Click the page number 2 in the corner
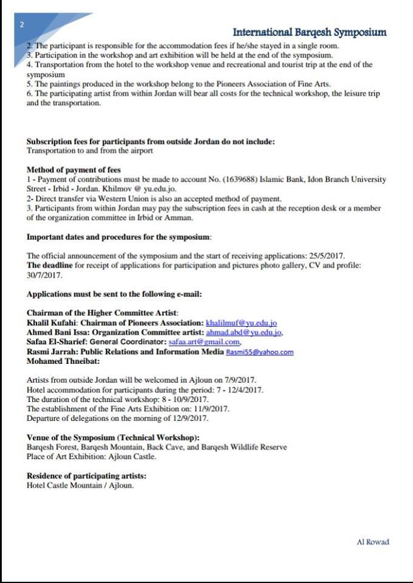[22, 25]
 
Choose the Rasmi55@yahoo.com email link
[259, 352]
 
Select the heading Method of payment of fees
[73, 169]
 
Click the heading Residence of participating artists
[86, 476]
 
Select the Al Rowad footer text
[372, 542]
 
